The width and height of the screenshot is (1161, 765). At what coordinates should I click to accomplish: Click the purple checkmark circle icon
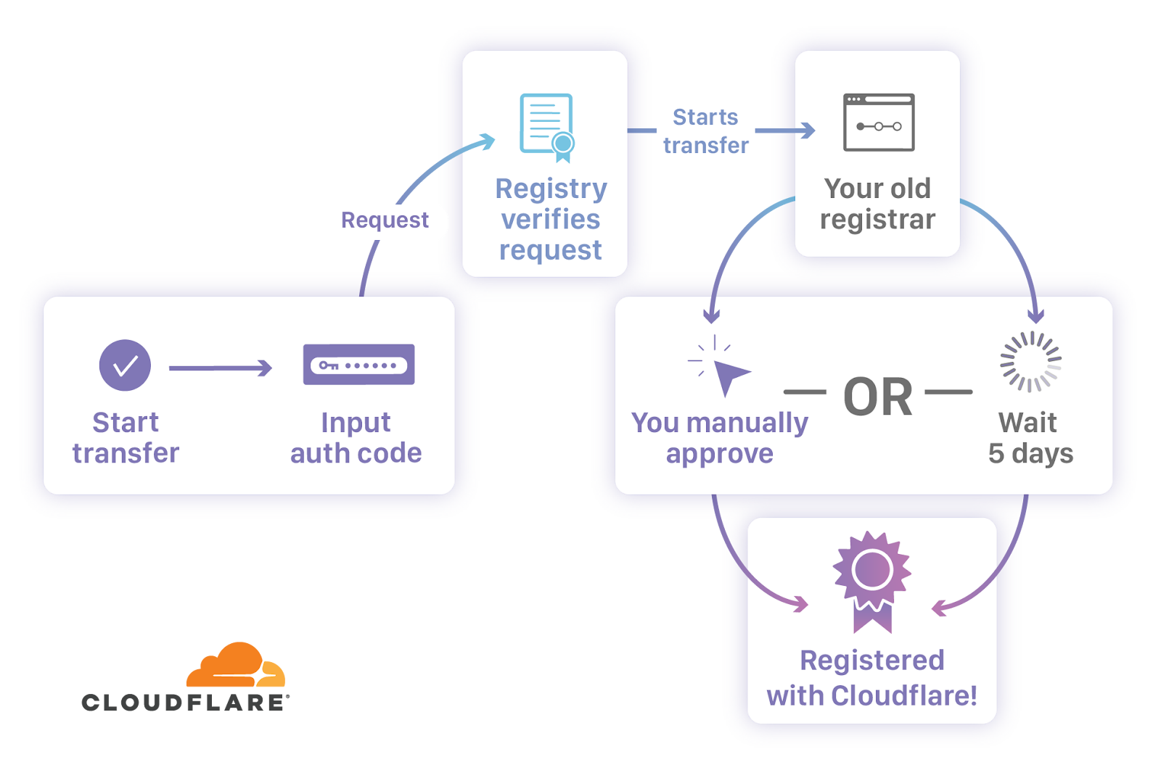125,365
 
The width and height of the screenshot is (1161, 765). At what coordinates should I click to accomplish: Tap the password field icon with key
358,365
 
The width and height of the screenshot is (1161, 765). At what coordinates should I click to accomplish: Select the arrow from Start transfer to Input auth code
220,368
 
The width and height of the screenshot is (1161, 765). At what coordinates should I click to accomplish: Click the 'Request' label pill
385,220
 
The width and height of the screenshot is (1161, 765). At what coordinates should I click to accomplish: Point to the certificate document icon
547,127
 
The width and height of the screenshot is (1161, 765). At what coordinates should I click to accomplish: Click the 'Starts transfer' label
705,131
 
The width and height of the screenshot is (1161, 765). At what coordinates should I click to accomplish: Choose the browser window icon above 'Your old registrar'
878,123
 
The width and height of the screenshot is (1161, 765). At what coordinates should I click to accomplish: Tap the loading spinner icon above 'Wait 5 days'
1030,362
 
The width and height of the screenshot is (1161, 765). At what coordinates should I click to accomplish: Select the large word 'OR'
878,397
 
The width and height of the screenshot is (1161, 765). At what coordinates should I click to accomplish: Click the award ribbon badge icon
871,580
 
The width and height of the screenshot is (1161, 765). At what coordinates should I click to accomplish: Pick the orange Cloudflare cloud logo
235,665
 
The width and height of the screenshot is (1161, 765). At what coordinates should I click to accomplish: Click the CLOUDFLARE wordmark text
185,702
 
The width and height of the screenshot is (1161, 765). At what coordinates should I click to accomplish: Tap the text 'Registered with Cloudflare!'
871,678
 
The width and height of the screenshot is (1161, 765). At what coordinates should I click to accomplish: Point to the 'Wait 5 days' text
1030,438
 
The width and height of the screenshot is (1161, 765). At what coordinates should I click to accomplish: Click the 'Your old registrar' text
877,204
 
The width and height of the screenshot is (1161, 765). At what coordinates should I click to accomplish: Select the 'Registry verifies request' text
551,219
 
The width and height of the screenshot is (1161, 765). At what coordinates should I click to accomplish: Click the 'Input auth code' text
356,438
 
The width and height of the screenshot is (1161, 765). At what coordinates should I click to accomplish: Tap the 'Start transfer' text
126,438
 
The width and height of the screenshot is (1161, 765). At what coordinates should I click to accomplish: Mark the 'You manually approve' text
719,438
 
